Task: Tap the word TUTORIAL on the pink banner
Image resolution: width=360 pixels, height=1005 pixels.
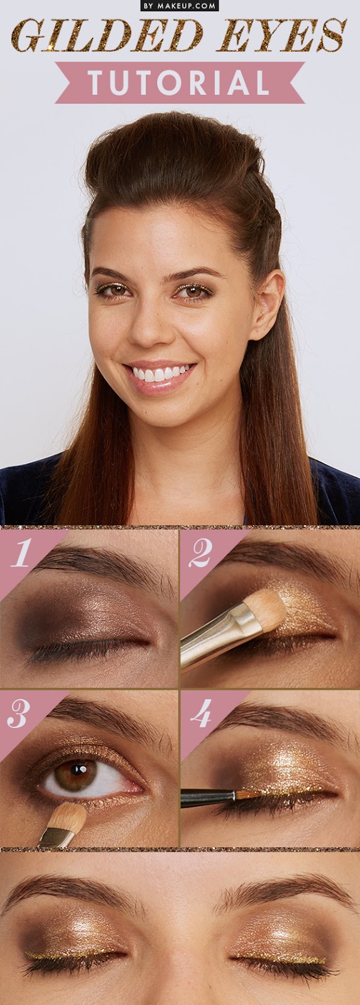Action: point(179,82)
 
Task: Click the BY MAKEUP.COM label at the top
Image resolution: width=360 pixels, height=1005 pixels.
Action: point(180,6)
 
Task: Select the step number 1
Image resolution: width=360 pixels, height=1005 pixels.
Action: point(21,553)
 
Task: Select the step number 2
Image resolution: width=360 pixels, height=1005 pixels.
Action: point(200,553)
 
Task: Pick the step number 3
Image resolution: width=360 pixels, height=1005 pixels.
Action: point(18,714)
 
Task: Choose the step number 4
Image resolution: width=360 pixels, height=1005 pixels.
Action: point(200,714)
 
